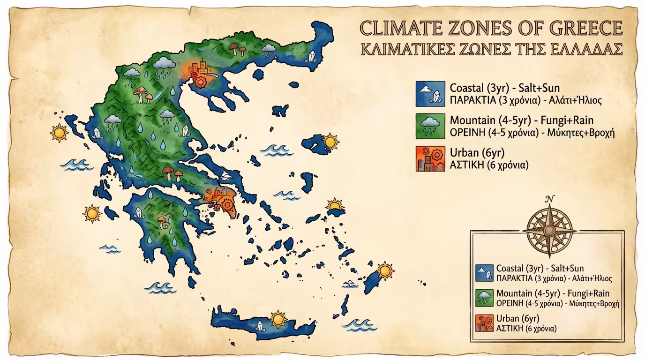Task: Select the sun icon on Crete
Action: pyautogui.click(x=278, y=319)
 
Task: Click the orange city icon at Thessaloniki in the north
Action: pyautogui.click(x=195, y=70)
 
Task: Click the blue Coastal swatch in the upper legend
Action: pyautogui.click(x=429, y=93)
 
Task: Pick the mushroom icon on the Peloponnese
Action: pyautogui.click(x=162, y=222)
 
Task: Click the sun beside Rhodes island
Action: pyautogui.click(x=385, y=270)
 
